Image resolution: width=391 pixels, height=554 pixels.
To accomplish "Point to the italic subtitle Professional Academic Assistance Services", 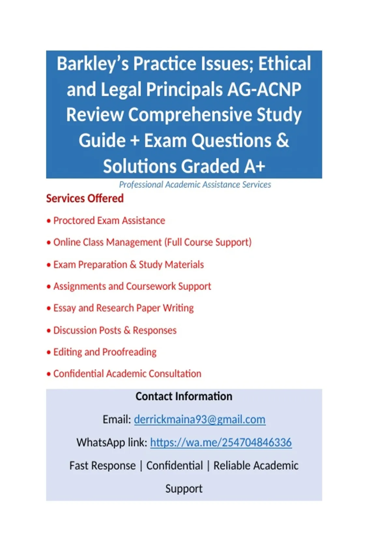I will coord(195,185).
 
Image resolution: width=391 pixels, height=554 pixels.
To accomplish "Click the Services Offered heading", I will coord(85,198).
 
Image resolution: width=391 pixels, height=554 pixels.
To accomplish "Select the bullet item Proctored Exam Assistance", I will coord(109,221).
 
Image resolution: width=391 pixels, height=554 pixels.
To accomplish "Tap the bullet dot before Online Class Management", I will coord(49,243).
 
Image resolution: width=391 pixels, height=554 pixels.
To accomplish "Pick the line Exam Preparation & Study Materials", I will coord(128,265).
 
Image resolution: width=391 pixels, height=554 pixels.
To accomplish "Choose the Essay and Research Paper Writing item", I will coord(123,308).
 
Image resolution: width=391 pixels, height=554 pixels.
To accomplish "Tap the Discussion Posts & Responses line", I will coord(115,330).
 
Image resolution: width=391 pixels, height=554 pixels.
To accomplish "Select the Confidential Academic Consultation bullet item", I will coord(127,374).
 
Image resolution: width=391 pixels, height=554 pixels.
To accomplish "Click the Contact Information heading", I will coord(184,397).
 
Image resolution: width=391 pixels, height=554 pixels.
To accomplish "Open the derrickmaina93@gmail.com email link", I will coord(199,419).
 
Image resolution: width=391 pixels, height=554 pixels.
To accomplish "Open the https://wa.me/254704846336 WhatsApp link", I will coord(221,443).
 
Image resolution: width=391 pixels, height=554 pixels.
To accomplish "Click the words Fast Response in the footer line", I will coord(102,466).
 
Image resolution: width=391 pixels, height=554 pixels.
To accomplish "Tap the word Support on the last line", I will coord(184,489).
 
